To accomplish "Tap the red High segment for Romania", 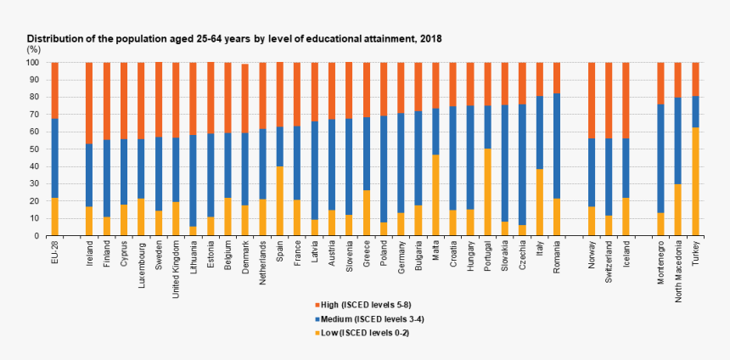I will coord(557,77).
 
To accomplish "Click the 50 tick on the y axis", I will coord(36,149).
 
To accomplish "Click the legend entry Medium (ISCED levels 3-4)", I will coord(370,317).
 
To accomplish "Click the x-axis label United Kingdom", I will coord(176,266).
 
